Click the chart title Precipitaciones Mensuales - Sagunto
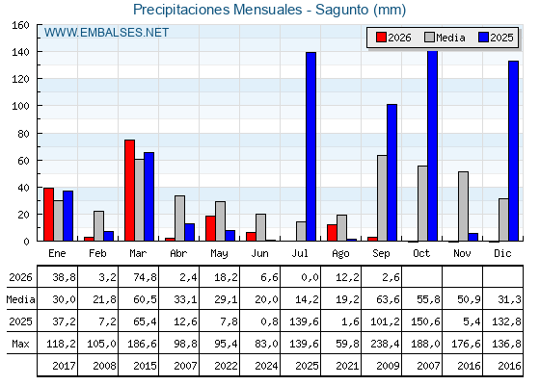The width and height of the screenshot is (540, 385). [x=251, y=10]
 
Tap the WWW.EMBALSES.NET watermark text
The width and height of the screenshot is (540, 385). [x=106, y=33]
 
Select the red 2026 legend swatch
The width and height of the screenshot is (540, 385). [x=381, y=38]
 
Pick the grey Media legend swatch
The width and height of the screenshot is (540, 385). [x=430, y=38]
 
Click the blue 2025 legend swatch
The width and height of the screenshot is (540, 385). [x=484, y=38]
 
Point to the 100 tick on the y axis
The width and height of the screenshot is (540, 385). [x=20, y=106]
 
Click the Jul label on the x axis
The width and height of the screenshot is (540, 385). [x=300, y=253]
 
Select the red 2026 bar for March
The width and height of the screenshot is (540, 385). [x=130, y=191]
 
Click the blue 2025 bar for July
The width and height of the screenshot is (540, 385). [x=310, y=146]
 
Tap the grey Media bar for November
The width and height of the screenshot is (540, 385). [x=463, y=206]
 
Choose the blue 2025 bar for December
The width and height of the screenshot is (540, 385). [x=513, y=151]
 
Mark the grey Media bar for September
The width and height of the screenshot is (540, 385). [x=382, y=198]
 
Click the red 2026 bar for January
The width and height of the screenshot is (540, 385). [x=48, y=215]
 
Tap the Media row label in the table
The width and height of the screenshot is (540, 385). [x=20, y=299]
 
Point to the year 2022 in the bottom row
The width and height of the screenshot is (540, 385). [x=226, y=366]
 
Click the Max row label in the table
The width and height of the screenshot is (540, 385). [x=20, y=344]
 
